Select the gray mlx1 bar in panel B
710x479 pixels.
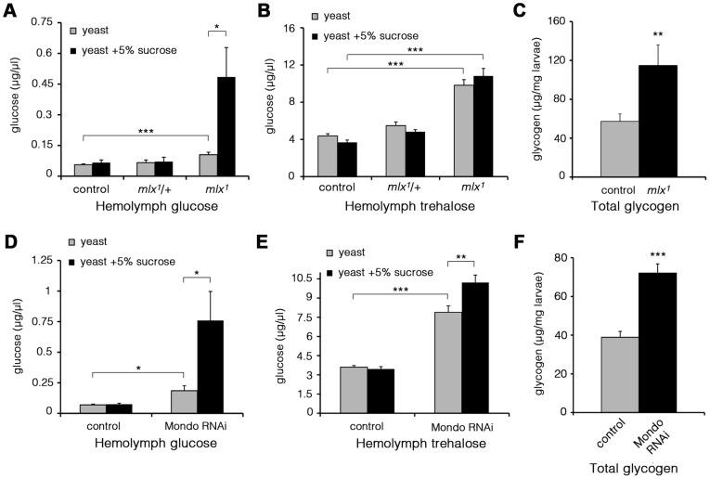coord(461,131)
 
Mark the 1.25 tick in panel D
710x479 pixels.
coord(39,263)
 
